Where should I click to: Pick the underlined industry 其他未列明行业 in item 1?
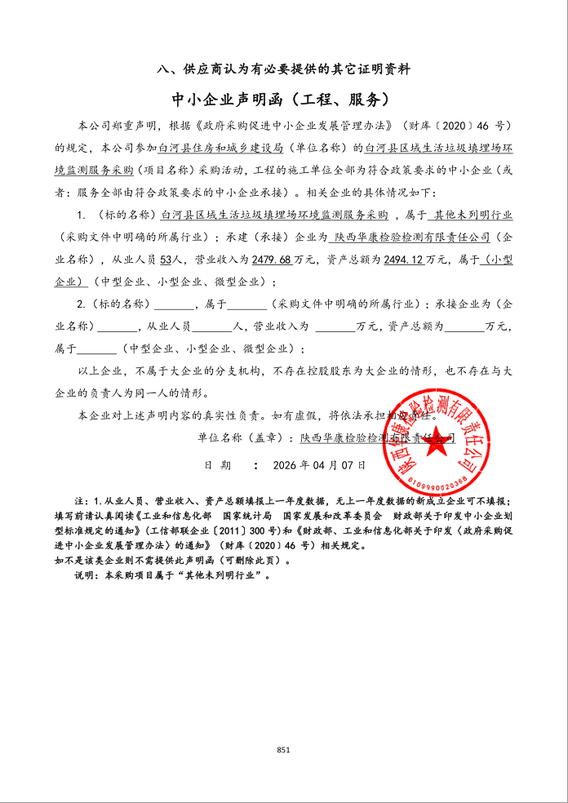473,215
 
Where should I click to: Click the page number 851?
284,749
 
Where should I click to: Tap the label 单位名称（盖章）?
244,438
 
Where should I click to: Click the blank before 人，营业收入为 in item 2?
215,326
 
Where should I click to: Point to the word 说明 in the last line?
84,575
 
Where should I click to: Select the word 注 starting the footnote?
78,500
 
